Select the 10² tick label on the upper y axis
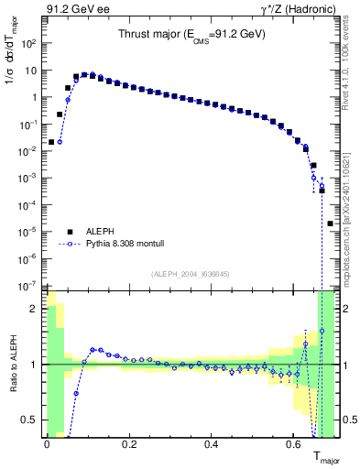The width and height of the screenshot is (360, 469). [29, 43]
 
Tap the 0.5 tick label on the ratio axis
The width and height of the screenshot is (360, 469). [28, 420]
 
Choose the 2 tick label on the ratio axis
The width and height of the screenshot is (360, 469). [34, 309]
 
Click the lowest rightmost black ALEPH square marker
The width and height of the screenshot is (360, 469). [330, 224]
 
